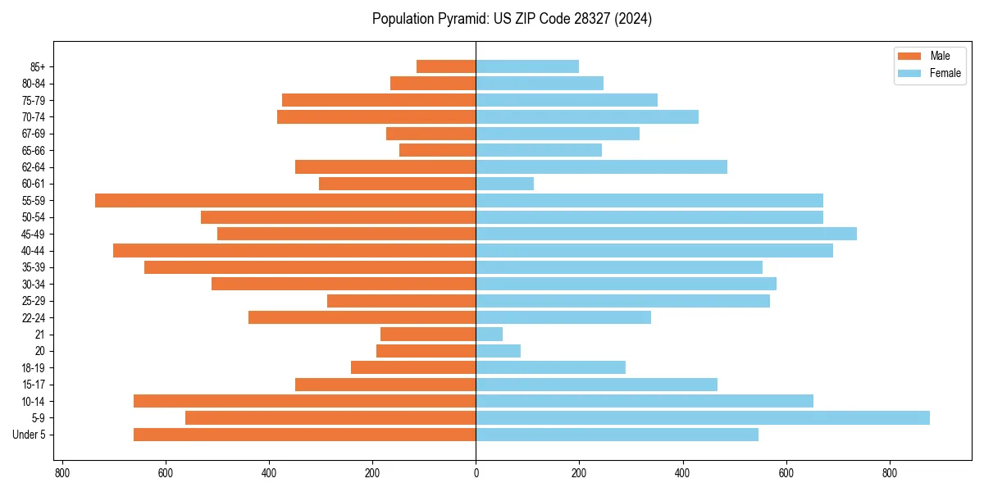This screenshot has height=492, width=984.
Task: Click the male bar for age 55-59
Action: point(285,200)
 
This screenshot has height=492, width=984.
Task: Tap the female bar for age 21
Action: point(490,334)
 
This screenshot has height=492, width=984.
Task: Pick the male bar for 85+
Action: point(446,66)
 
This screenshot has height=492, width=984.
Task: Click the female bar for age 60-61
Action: point(505,184)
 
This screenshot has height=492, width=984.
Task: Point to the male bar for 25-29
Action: point(402,301)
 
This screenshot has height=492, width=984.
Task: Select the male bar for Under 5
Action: point(305,435)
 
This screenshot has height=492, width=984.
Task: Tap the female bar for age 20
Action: point(499,351)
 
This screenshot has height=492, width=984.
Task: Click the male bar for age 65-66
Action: point(438,150)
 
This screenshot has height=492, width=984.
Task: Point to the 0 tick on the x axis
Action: point(476,473)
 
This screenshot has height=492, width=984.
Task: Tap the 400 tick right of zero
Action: point(682,473)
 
